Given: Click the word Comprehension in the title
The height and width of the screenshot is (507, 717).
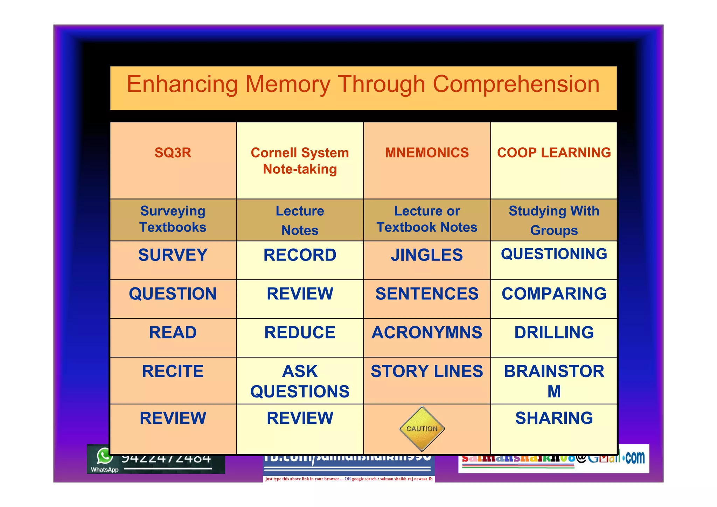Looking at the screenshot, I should pyautogui.click(x=516, y=85).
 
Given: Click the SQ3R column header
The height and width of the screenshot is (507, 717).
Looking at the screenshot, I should pyautogui.click(x=173, y=153).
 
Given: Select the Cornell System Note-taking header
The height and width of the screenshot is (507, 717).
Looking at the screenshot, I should pyautogui.click(x=300, y=161).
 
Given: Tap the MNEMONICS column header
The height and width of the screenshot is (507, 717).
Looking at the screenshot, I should pyautogui.click(x=427, y=153).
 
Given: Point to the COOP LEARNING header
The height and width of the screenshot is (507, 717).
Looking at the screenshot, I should pyautogui.click(x=554, y=153).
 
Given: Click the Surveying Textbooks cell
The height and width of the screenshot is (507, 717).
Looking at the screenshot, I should pyautogui.click(x=173, y=219).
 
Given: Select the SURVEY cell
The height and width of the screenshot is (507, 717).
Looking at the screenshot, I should pyautogui.click(x=173, y=255).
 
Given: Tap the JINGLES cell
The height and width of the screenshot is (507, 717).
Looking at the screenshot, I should pyautogui.click(x=427, y=255).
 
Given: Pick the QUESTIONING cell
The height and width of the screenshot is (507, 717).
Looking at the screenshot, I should pyautogui.click(x=554, y=254).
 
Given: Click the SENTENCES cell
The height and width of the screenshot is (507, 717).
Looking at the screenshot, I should pyautogui.click(x=427, y=294).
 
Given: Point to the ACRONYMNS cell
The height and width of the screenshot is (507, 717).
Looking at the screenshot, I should pyautogui.click(x=427, y=333).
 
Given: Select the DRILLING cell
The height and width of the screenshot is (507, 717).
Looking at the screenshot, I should pyautogui.click(x=554, y=333).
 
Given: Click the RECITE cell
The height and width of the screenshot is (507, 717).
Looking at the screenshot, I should pyautogui.click(x=173, y=371).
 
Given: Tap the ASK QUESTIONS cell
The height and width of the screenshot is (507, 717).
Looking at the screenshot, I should pyautogui.click(x=300, y=381).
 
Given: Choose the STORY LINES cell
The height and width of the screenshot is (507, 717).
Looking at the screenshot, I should pyautogui.click(x=427, y=371).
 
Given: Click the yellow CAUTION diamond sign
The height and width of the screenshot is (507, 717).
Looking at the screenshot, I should pyautogui.click(x=422, y=429).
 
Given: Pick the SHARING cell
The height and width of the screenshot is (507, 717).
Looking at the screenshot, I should pyautogui.click(x=554, y=418).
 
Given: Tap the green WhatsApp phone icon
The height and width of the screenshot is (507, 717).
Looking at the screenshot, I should pyautogui.click(x=105, y=457).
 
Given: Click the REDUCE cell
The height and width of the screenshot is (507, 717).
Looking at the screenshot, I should pyautogui.click(x=300, y=333).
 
